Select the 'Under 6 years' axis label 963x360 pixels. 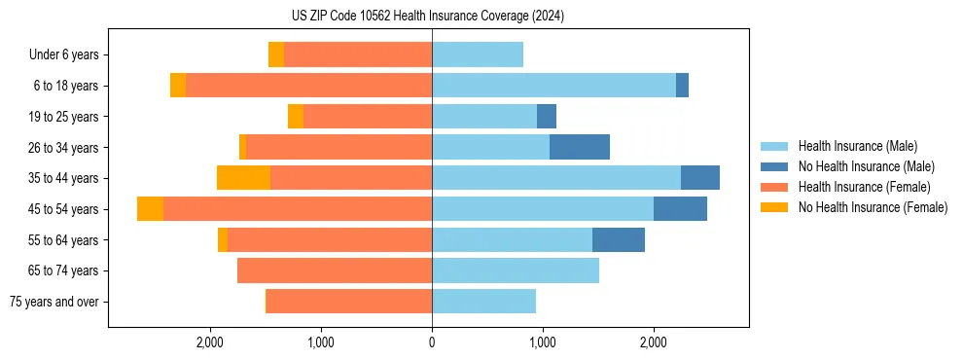point(63,54)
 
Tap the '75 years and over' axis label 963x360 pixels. point(54,302)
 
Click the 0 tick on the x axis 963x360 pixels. point(432,342)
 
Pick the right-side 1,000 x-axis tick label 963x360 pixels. point(542,342)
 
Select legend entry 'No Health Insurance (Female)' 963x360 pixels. point(873,207)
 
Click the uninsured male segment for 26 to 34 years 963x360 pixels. point(580,147)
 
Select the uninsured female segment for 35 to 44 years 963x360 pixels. point(243,178)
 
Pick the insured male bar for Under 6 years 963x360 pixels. point(478,54)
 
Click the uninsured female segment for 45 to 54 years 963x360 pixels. point(150,209)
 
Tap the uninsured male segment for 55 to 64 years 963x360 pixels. point(619,240)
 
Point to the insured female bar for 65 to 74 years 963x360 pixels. point(335,270)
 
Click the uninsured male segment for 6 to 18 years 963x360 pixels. point(682,86)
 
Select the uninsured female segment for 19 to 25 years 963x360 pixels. point(296,117)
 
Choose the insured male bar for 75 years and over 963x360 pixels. point(483,302)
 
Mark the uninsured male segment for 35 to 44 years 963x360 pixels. point(700,178)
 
